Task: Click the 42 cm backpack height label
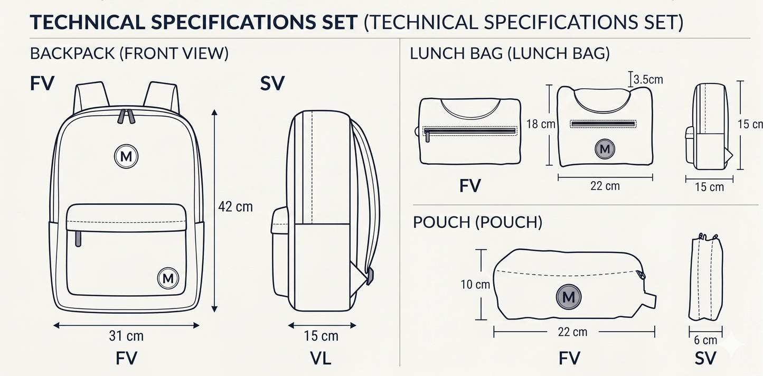coord(236,206)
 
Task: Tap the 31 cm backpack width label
coord(126,336)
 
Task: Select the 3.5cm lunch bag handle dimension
coord(648,80)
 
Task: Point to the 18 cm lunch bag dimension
coord(541,124)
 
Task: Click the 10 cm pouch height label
coord(475,285)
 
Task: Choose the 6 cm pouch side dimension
coord(705,340)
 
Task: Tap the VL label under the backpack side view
coord(321,358)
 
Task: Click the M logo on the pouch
coord(569,297)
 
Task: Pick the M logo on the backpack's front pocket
coord(168,278)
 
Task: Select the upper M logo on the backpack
coord(126,156)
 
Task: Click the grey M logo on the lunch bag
coord(605,149)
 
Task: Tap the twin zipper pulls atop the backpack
coord(126,116)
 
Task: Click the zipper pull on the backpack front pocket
coord(78,239)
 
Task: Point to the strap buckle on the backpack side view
coord(370,276)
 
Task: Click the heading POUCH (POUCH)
coord(477,222)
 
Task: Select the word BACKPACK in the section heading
coord(72,53)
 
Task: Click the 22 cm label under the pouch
coord(572,332)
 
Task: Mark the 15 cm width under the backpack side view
coord(321,336)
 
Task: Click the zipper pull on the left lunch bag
coord(428,137)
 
